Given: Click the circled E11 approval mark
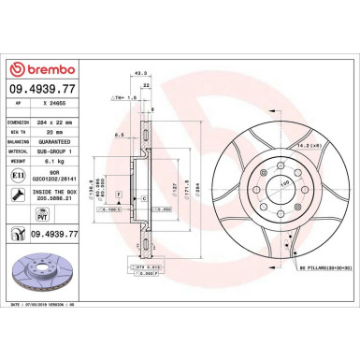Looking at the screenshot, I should point(20,174).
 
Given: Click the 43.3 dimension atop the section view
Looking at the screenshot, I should point(141,75).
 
